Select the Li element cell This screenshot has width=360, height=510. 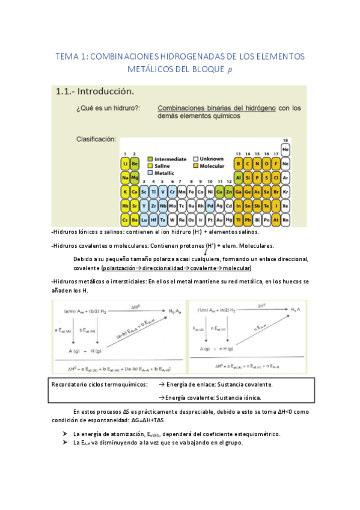(x=125, y=164)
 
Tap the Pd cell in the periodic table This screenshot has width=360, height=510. (x=210, y=205)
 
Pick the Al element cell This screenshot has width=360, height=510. (x=239, y=178)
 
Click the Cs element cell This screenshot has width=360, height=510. (x=125, y=220)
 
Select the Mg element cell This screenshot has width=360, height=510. (x=135, y=178)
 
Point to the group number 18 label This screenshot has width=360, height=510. (x=285, y=140)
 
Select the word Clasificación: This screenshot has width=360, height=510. (x=96, y=139)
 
